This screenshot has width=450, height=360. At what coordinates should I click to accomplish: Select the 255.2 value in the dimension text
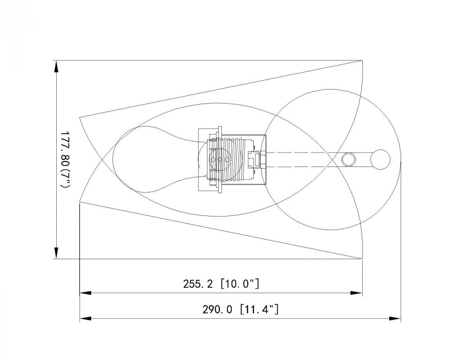pos(198,284)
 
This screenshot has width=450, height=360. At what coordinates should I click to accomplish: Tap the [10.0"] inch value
pos(240,284)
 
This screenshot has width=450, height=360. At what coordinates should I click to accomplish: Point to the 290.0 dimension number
pos(217,310)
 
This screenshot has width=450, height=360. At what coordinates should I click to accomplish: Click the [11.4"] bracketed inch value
pos(259,309)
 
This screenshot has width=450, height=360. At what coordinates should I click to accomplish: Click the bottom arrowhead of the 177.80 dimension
pos(56,252)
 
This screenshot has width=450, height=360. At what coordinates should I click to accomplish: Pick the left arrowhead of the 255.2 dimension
pos(85,293)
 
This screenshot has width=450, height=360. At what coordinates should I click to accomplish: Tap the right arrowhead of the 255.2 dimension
pos(356,293)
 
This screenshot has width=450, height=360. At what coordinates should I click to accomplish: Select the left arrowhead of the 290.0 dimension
pos(85,319)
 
